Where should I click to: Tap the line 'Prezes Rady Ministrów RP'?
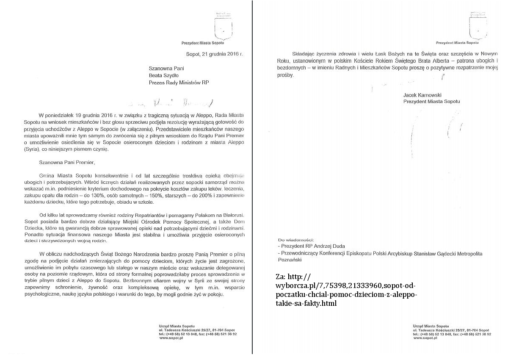(x=179, y=83)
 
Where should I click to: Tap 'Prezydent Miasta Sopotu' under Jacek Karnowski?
(x=431, y=102)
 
